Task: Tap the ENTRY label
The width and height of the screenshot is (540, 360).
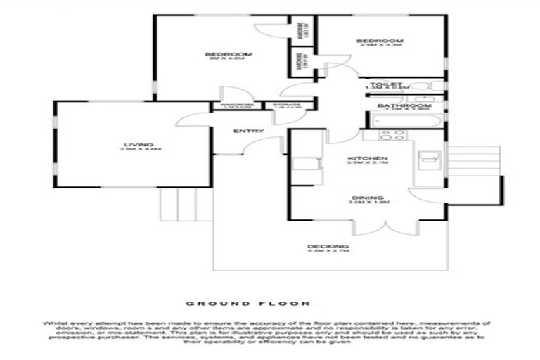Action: (x=248, y=131)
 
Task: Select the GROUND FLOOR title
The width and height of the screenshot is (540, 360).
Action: (x=247, y=304)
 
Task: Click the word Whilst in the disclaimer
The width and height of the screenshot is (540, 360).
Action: (x=54, y=323)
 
